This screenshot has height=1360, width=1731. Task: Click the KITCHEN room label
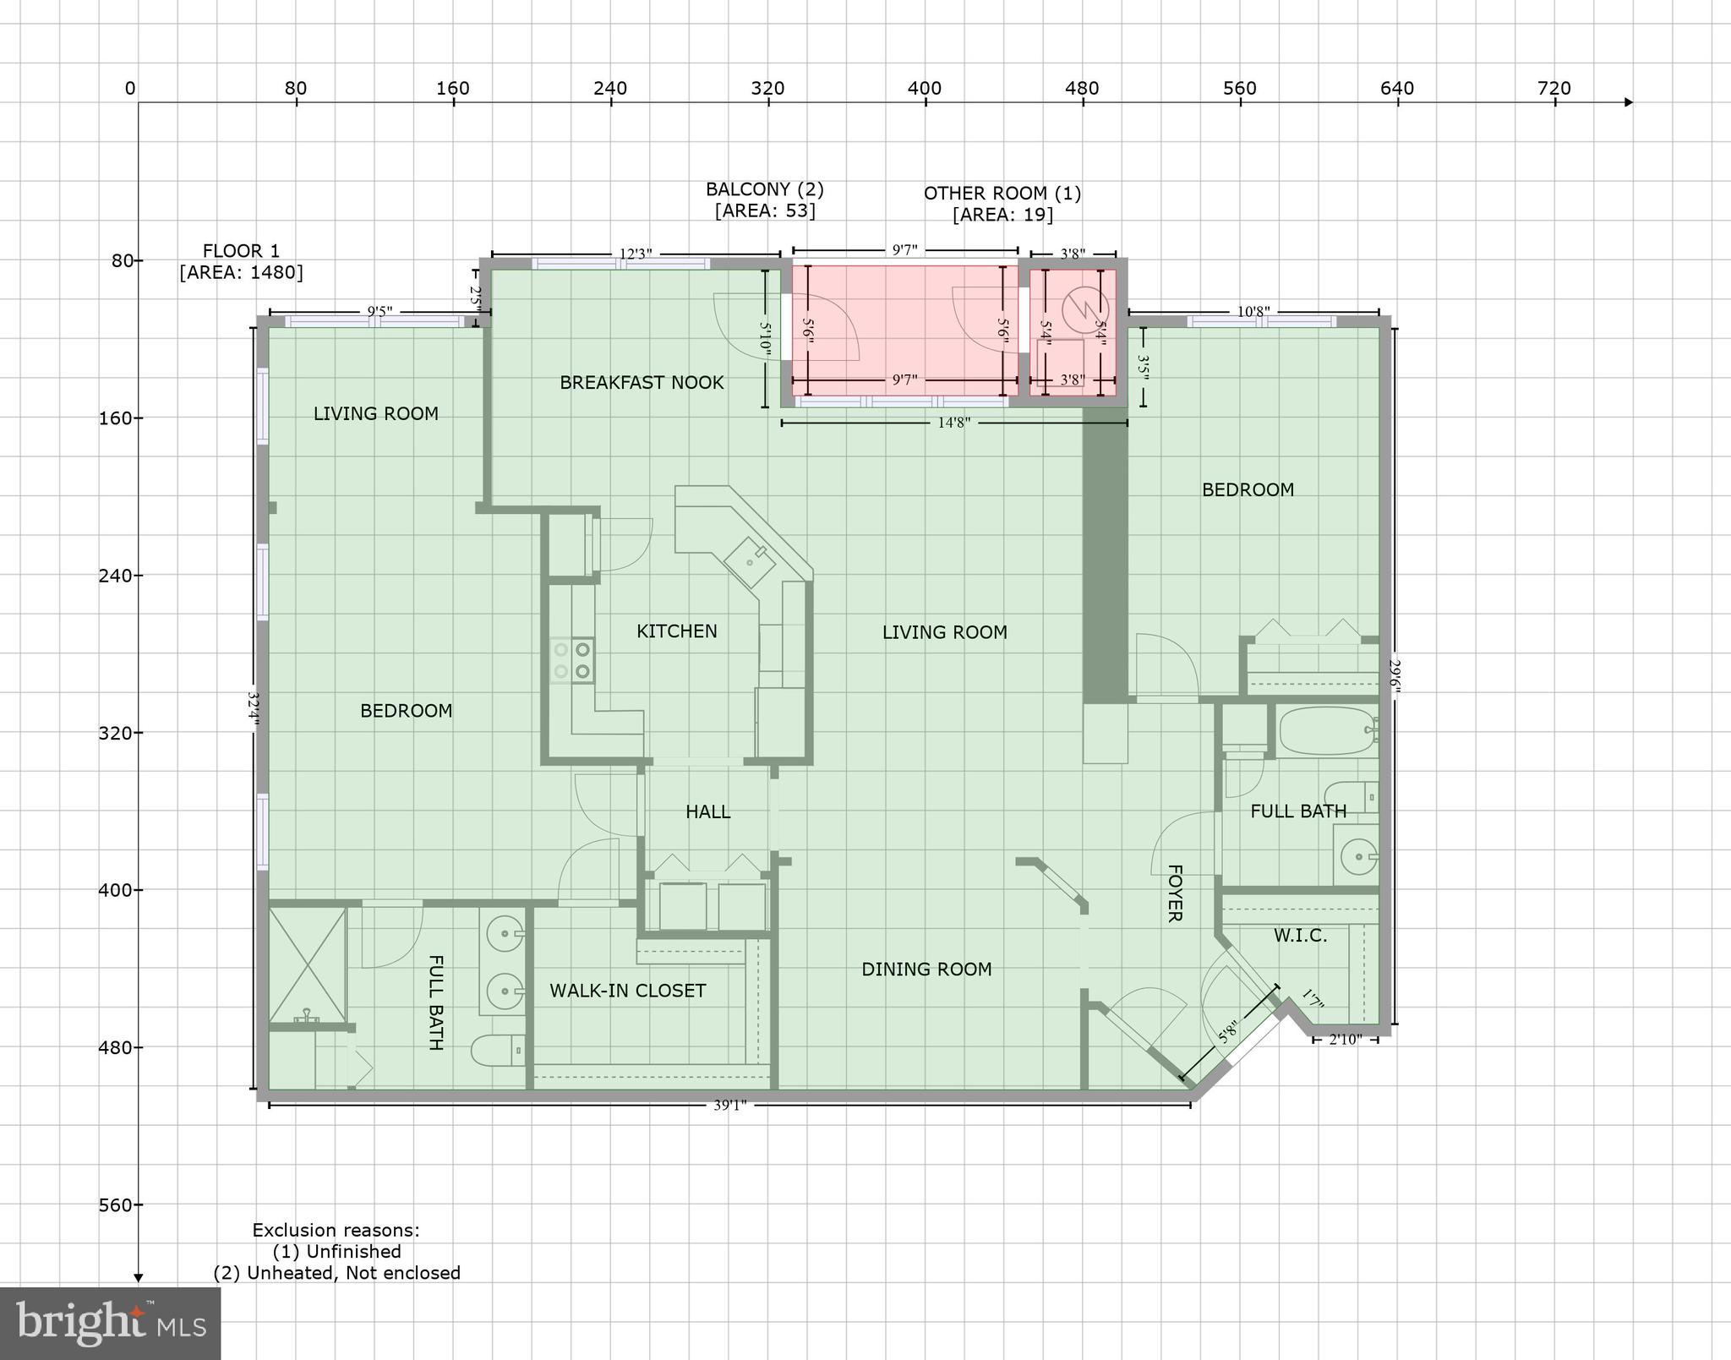(676, 631)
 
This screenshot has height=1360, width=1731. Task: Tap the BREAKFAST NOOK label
(642, 383)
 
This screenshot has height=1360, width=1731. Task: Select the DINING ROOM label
(926, 969)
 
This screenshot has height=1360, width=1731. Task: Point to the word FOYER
(1174, 893)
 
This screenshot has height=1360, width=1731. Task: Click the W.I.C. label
(1300, 936)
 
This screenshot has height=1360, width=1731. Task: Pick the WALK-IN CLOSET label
(627, 991)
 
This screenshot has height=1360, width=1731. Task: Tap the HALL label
(707, 812)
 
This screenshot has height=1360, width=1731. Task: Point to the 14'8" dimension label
(954, 423)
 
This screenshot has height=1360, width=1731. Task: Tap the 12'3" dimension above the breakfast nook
(636, 254)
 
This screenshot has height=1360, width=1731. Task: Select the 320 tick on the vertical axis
(116, 733)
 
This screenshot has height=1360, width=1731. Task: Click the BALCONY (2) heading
(764, 189)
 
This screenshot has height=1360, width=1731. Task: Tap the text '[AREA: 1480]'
(241, 272)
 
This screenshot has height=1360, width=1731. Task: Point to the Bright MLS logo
(110, 1323)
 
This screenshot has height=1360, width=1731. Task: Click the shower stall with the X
(307, 964)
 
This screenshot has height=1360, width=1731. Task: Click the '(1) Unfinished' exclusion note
(336, 1251)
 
